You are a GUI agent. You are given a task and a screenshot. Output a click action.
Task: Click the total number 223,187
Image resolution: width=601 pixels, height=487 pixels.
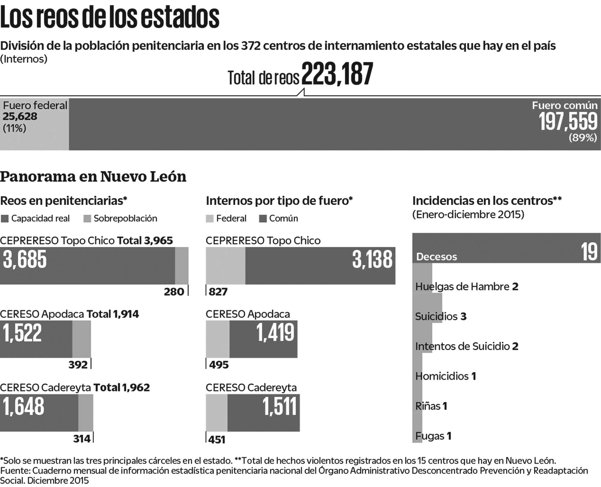coord(337,74)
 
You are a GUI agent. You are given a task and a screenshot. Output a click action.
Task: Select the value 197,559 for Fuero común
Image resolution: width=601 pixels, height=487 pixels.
coord(568,121)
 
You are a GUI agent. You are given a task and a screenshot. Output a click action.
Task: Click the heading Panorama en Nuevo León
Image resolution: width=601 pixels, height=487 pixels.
coord(93,177)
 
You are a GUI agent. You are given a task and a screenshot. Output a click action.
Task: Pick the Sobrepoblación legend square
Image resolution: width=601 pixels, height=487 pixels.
coord(87,219)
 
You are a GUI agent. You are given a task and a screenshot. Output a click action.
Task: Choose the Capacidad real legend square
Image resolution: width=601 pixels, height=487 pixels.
coord(5,219)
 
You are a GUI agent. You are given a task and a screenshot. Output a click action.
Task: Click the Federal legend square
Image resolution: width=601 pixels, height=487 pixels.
coord(210,219)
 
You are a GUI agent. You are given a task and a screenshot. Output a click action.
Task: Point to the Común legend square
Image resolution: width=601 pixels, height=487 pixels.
coord(263,219)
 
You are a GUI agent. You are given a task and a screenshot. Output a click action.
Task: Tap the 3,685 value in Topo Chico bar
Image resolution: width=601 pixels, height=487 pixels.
coord(25,260)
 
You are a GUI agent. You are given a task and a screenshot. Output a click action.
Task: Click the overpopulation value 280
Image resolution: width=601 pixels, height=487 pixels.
coord(174,292)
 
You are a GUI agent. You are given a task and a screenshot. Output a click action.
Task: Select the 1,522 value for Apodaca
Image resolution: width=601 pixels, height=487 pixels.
coord(22,333)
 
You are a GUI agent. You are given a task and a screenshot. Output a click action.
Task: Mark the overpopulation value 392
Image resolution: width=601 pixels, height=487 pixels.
coord(78,364)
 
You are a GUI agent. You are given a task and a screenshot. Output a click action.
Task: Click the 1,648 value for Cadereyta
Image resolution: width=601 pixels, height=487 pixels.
coord(24,406)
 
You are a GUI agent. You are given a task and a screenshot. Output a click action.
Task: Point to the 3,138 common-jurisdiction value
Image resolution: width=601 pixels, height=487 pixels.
coord(372,260)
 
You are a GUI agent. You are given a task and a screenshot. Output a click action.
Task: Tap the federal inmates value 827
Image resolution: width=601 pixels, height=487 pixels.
coord(218,292)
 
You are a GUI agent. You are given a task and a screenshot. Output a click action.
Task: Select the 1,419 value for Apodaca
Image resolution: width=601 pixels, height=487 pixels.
coord(275,333)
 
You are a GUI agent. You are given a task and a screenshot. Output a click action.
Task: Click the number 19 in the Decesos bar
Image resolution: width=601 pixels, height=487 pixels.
coord(589,252)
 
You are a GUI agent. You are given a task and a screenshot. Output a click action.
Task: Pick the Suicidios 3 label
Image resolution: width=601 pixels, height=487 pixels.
coord(440,316)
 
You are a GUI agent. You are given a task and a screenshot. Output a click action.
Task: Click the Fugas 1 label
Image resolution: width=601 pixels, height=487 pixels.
coord(433,436)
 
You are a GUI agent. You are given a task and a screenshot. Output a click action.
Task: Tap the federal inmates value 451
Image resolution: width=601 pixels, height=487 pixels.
coord(217,439)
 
